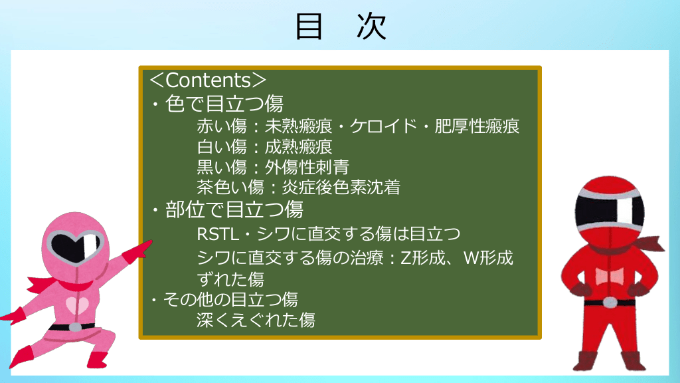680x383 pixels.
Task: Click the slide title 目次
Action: [341, 27]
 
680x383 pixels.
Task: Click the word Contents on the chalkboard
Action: [208, 80]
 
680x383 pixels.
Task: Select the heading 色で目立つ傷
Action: [224, 104]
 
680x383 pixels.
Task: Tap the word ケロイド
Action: [383, 126]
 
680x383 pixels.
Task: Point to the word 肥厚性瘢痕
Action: [477, 126]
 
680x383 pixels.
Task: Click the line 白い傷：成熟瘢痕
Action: [264, 147]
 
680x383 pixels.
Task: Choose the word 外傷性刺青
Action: [307, 167]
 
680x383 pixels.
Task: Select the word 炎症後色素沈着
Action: [341, 188]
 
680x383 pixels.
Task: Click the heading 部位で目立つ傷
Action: [234, 209]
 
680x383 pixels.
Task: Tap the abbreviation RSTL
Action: [218, 235]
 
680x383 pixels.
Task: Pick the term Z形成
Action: [423, 258]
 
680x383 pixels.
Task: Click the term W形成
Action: [488, 258]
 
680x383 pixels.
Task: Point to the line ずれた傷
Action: [230, 279]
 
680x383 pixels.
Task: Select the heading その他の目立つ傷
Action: [230, 300]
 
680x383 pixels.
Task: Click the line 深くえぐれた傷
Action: [256, 320]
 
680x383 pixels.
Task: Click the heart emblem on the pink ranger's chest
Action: [77, 305]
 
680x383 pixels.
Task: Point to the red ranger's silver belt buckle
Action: [610, 303]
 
